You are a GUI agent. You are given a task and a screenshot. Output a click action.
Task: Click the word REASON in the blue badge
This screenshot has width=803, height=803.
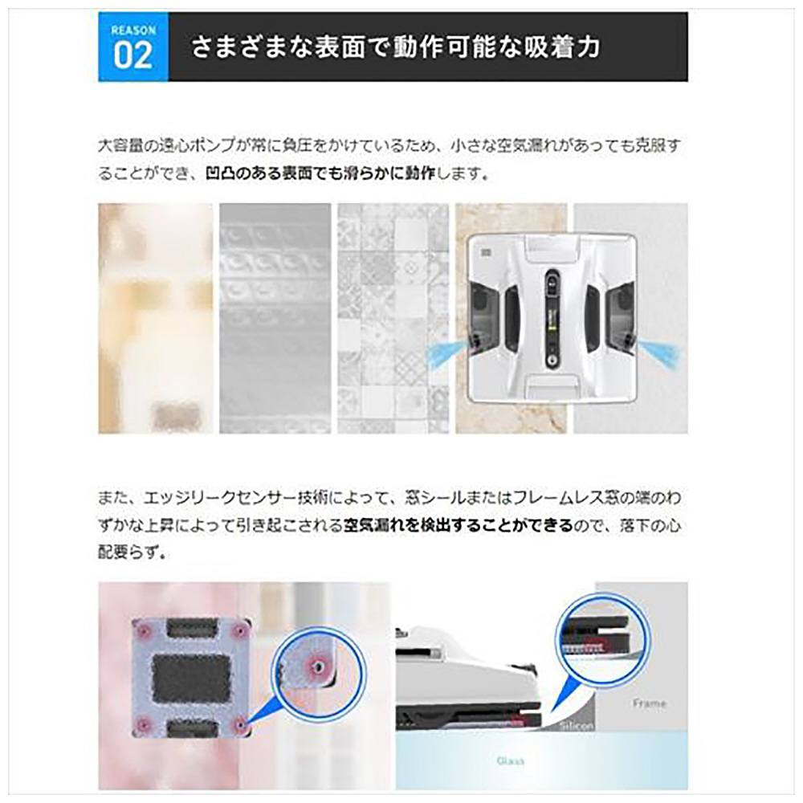pyautogui.click(x=133, y=29)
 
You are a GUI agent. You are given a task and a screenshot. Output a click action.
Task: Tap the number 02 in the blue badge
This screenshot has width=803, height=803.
pyautogui.click(x=133, y=55)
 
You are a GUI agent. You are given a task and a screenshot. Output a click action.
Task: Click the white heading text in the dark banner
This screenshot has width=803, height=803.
pyautogui.click(x=395, y=47)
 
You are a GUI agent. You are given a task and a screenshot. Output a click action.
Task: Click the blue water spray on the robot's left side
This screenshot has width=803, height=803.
pyautogui.click(x=446, y=352)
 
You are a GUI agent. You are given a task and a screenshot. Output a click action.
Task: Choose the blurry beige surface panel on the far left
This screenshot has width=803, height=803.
pyautogui.click(x=155, y=318)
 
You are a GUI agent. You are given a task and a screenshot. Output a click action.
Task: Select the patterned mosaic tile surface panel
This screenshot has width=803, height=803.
pyautogui.click(x=393, y=318)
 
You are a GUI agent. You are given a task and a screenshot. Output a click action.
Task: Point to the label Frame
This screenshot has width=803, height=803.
pyautogui.click(x=649, y=703)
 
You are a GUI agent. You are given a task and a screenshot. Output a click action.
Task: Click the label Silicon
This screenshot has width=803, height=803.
pyautogui.click(x=575, y=725)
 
